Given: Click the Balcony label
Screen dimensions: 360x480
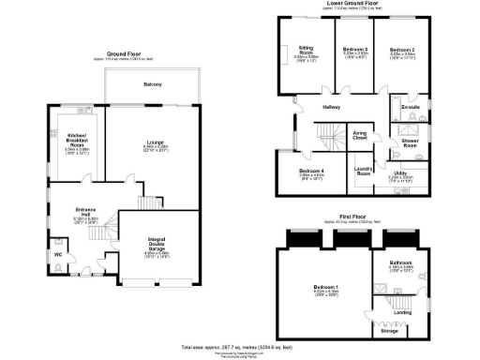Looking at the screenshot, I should coord(153,85).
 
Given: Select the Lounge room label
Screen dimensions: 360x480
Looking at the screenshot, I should coord(156,142).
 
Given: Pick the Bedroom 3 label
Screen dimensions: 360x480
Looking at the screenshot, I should coord(354,49).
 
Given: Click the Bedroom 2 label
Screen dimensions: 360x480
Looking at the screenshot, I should coord(402,49).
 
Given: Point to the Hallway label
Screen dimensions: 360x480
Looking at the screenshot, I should coord(332,108).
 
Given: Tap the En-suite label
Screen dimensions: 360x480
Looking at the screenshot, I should coord(410,108).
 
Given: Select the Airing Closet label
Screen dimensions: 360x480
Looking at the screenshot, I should coord(359,135).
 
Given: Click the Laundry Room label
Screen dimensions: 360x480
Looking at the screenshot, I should coord(364,172).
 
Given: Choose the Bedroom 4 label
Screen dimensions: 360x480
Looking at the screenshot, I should coord(311,171).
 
